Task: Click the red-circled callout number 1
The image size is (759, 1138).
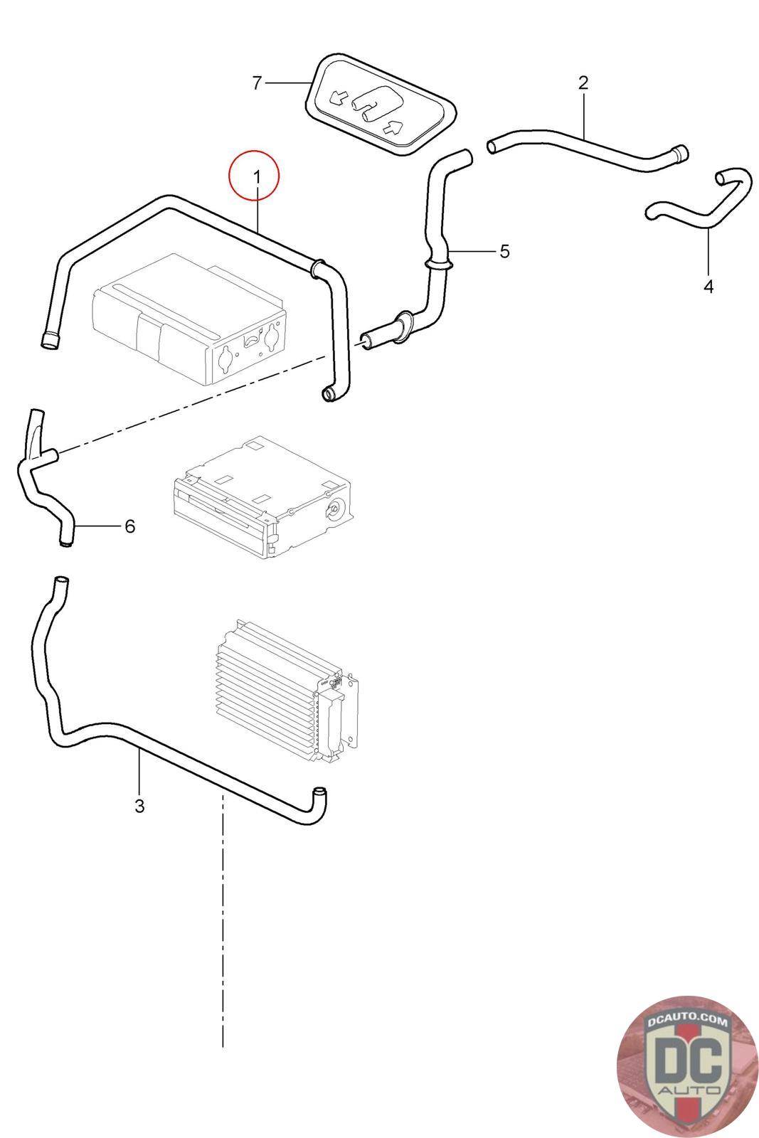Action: [x=255, y=176]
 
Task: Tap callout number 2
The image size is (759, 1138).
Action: [x=583, y=83]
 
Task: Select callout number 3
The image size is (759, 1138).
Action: [x=139, y=806]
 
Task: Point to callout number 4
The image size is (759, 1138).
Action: [x=708, y=286]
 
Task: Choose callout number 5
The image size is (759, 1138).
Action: [x=504, y=251]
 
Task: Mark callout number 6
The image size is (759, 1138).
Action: [x=129, y=526]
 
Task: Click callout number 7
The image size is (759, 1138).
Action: [x=258, y=83]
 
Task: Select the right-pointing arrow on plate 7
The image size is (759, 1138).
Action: [x=393, y=128]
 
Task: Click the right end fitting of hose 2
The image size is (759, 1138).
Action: [x=680, y=153]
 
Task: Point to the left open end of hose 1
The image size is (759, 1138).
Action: [x=50, y=340]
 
